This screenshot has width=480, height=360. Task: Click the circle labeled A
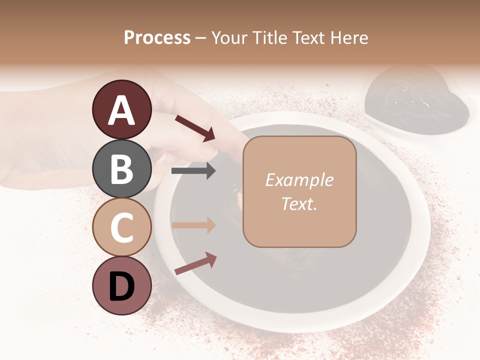(x=121, y=109)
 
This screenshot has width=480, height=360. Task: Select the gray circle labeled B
(x=121, y=168)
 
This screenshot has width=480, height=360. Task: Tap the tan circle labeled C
(x=121, y=227)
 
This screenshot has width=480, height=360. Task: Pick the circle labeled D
(x=121, y=286)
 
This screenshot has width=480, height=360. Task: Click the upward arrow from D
(x=195, y=263)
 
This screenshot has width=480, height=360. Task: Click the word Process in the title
(x=157, y=37)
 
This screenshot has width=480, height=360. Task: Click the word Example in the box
(x=299, y=180)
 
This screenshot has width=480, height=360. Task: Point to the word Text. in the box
(x=299, y=203)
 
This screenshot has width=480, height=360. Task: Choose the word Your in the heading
(x=230, y=37)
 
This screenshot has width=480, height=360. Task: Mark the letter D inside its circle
(x=121, y=286)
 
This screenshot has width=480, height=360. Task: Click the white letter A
(x=121, y=110)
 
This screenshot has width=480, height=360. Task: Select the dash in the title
(x=201, y=38)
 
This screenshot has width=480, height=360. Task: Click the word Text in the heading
(x=308, y=37)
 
